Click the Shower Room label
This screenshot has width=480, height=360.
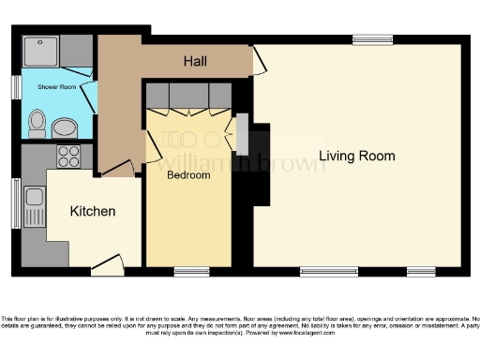coord(55,86)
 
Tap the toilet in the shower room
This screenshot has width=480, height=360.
coord(37,121)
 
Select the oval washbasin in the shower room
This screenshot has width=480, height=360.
coord(65,127)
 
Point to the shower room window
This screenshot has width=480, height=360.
coord(16,86)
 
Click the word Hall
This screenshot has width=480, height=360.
coord(195,62)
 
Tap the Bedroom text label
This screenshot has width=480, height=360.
coord(188,174)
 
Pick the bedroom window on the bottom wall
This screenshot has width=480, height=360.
coord(191,272)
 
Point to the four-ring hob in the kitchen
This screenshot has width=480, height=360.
coord(68,155)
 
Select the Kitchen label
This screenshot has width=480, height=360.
coord(93,212)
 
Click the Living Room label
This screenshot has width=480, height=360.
coord(356,156)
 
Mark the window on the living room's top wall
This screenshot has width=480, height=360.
coord(372,39)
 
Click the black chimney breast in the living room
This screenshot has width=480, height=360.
coord(255,164)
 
